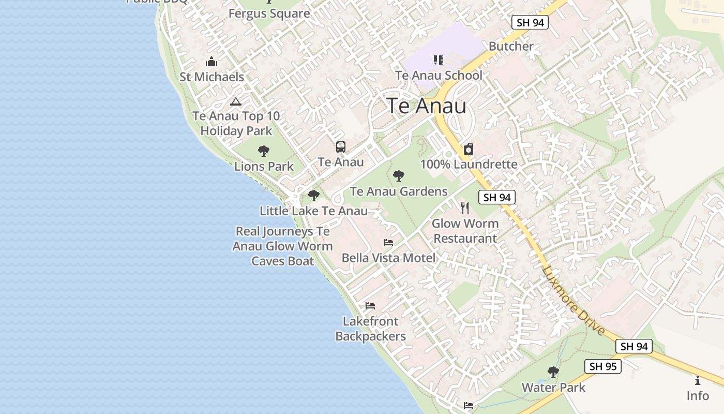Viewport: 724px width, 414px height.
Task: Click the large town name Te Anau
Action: coord(427,106)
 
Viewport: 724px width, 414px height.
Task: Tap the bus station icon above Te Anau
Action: coord(340,147)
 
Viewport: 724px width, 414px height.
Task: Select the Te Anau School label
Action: coord(439,75)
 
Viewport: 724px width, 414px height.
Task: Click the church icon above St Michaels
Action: coord(211,62)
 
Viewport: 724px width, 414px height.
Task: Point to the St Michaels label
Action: coord(212,77)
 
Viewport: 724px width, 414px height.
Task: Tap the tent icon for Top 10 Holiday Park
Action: coord(236,101)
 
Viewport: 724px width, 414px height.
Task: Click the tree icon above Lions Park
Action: coord(264,151)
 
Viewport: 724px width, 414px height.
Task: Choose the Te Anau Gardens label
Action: coord(399,191)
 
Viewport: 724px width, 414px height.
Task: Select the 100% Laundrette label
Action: coord(469,165)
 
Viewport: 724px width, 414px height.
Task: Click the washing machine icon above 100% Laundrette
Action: coord(469,150)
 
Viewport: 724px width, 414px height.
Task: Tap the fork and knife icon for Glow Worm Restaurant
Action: coord(465,208)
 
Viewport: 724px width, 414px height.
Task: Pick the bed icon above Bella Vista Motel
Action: coord(388,242)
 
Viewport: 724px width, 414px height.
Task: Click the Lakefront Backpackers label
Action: coord(370,329)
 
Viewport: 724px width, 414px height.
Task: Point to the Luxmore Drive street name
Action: coord(574,300)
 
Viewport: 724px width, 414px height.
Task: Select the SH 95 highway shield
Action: coord(602,366)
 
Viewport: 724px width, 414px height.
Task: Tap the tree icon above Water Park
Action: coord(553,372)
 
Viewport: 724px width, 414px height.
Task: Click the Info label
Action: coord(698,396)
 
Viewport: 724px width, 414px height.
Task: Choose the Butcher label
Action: coord(511,46)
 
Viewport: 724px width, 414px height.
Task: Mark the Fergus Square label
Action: coord(269,13)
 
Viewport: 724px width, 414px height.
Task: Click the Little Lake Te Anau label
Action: coord(313,211)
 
